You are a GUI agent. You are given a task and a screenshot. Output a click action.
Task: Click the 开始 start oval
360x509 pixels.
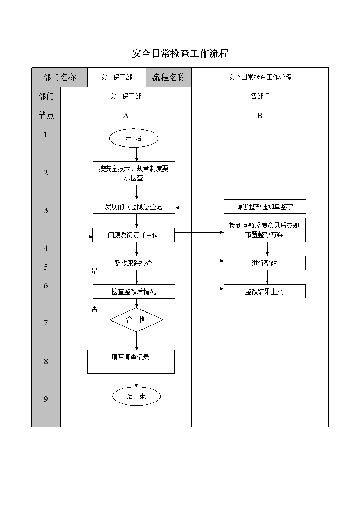[133, 138]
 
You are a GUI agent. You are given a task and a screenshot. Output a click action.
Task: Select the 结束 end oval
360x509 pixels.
[136, 396]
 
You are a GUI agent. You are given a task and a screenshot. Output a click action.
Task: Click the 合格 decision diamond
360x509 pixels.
[136, 320]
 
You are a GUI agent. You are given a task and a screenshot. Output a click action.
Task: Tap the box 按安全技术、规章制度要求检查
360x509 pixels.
[134, 173]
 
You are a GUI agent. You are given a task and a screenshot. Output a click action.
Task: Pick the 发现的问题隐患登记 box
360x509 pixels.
[134, 207]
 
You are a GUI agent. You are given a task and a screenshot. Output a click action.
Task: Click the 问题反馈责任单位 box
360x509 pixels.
[133, 235]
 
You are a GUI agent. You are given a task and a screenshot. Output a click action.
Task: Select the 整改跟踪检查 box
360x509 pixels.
[134, 263]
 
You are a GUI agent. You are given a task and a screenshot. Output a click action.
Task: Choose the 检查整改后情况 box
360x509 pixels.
[134, 291]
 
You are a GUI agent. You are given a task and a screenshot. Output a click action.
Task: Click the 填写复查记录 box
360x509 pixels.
[131, 362]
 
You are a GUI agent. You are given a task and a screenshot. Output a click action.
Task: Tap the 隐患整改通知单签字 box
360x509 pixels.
[265, 207]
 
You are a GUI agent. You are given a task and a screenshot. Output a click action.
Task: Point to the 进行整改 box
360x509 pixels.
[265, 263]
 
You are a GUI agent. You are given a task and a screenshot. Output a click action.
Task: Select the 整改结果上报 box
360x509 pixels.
[265, 291]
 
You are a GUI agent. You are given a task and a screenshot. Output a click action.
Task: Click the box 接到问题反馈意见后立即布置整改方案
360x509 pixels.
[265, 230]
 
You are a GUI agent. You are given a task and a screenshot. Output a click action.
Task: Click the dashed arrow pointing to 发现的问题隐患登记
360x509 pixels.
[199, 208]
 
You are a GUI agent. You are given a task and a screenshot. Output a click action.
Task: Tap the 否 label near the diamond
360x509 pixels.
[94, 309]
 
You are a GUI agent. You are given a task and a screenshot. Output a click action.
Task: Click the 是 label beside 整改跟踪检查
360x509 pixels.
[94, 271]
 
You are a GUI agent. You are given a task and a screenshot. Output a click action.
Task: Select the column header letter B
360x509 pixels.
[259, 116]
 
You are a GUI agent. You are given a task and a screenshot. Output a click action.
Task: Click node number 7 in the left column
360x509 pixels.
[46, 323]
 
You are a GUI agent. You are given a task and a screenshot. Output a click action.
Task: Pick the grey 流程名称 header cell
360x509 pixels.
[169, 77]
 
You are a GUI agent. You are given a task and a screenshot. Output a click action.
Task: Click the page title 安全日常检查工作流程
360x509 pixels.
[180, 53]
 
